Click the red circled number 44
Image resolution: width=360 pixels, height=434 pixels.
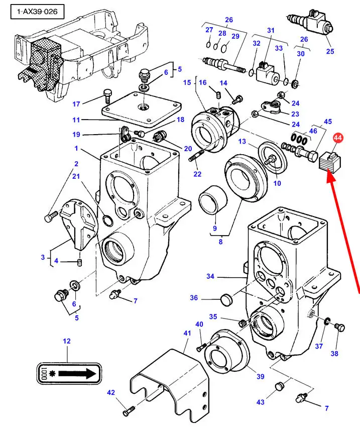[x=337, y=138]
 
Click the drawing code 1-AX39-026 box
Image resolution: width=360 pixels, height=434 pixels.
[x=37, y=12]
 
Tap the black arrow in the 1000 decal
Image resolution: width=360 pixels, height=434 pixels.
[x=77, y=374]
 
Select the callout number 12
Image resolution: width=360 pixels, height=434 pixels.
[x=67, y=341]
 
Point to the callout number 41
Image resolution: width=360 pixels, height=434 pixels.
[x=187, y=333]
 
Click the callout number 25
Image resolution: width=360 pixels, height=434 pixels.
[x=330, y=51]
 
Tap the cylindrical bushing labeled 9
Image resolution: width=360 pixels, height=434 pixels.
[x=213, y=200]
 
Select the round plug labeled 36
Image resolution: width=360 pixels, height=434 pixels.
[x=226, y=299]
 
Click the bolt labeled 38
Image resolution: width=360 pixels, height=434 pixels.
[x=339, y=327]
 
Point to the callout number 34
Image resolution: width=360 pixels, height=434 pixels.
[x=210, y=276]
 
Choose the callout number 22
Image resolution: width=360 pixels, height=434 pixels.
[x=197, y=174]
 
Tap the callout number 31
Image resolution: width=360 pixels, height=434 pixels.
[x=271, y=30]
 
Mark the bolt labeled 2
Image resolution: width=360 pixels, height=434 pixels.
[x=51, y=216]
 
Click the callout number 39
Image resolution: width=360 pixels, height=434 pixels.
[x=261, y=376]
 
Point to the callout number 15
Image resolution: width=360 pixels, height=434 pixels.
[x=187, y=82]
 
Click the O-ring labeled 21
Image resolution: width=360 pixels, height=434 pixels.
[x=108, y=220]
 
